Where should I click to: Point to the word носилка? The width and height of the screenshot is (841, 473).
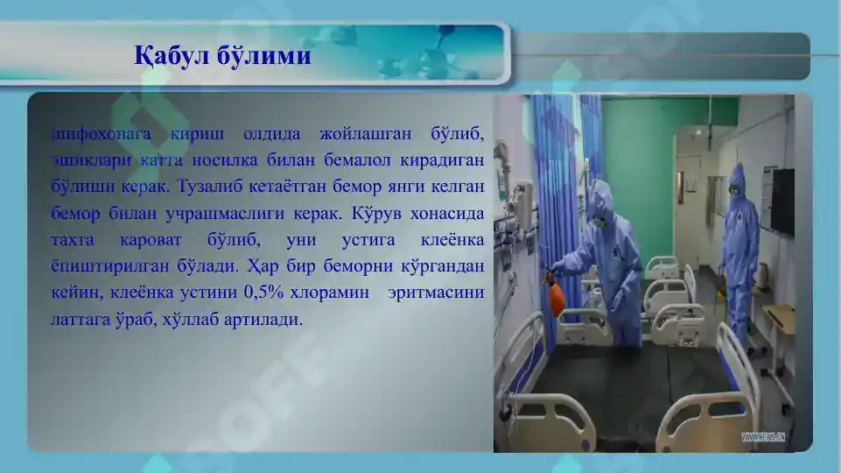coord(270,161)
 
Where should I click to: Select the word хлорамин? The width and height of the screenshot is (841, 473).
coord(331,293)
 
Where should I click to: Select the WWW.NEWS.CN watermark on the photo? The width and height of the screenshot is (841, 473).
coord(763,435)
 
